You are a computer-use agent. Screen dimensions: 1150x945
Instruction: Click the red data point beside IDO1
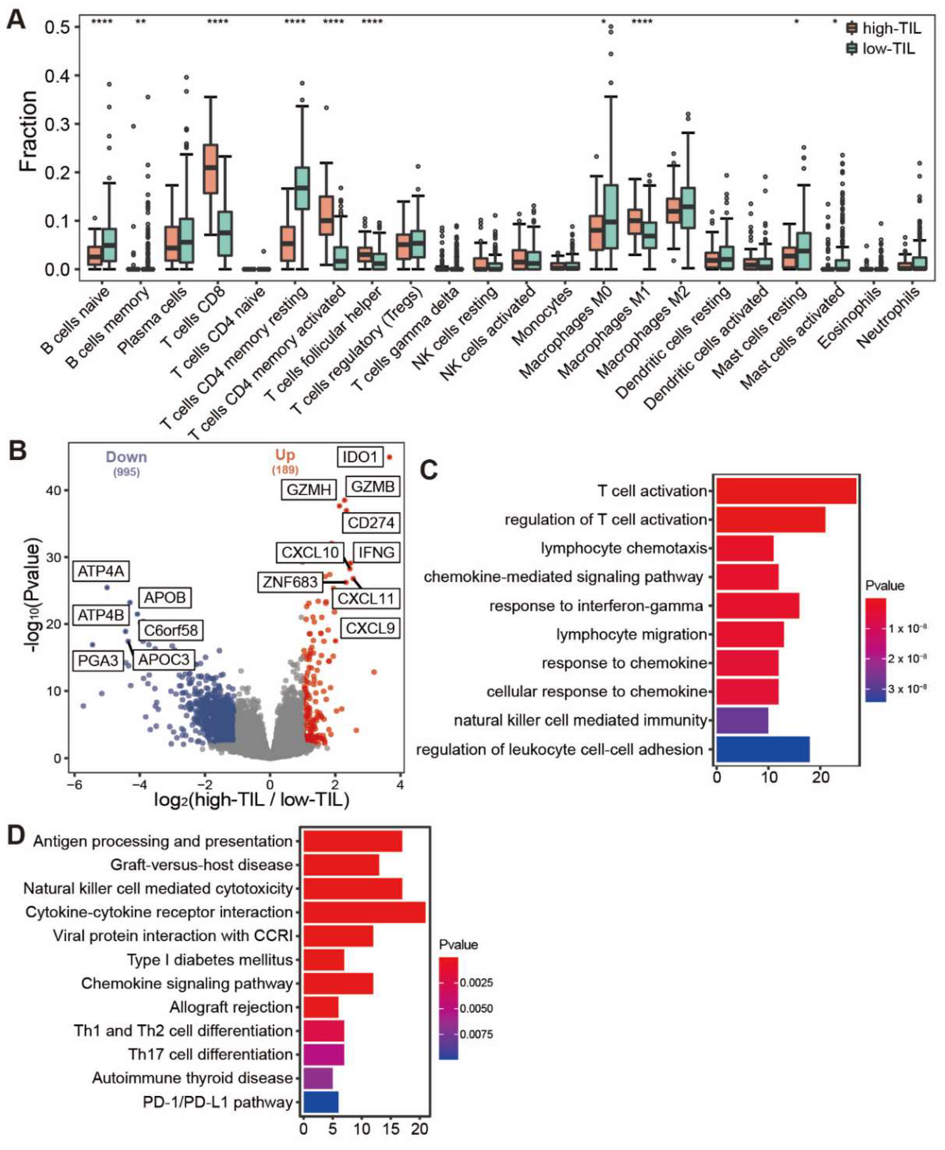[x=389, y=458]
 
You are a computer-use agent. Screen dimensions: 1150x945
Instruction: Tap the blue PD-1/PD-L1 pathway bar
[x=321, y=1102]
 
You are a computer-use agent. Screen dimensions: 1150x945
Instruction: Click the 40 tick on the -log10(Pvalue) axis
[x=53, y=490]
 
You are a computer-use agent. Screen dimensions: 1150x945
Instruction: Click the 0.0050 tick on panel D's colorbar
[x=476, y=1008]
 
